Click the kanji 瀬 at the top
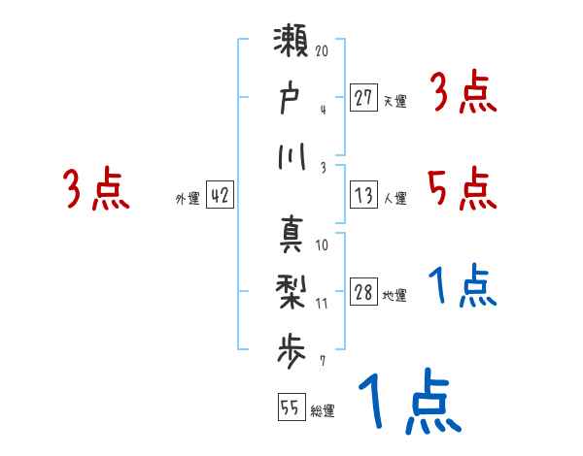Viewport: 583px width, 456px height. pos(291,46)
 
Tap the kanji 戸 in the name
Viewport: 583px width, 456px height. pos(291,100)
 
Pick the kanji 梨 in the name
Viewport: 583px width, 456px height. pos(291,290)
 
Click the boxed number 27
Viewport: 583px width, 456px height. pos(364,97)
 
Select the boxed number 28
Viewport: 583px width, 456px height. pos(364,293)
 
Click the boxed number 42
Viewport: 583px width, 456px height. pos(220,195)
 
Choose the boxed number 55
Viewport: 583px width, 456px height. pos(290,407)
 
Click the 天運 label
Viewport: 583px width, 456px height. pos(394,101)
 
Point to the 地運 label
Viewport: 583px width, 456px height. pos(394,296)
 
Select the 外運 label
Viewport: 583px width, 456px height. pos(187,198)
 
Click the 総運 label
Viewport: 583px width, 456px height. pos(323,410)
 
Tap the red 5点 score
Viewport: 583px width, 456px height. pos(461,188)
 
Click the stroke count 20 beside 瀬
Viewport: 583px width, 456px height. pos(322,51)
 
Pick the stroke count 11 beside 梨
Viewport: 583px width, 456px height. pos(322,302)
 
